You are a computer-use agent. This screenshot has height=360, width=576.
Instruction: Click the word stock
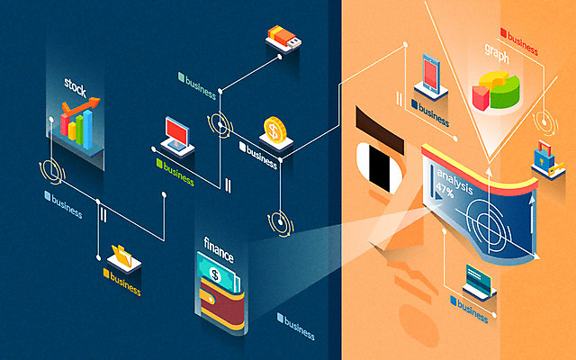click(x=75, y=87)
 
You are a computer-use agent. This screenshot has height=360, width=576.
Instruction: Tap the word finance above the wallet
click(x=219, y=243)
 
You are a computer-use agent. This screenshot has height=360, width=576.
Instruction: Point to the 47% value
click(x=445, y=190)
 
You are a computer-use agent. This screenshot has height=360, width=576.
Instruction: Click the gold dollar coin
click(x=274, y=129)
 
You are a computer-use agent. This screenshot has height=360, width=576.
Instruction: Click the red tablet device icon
click(x=430, y=73)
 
